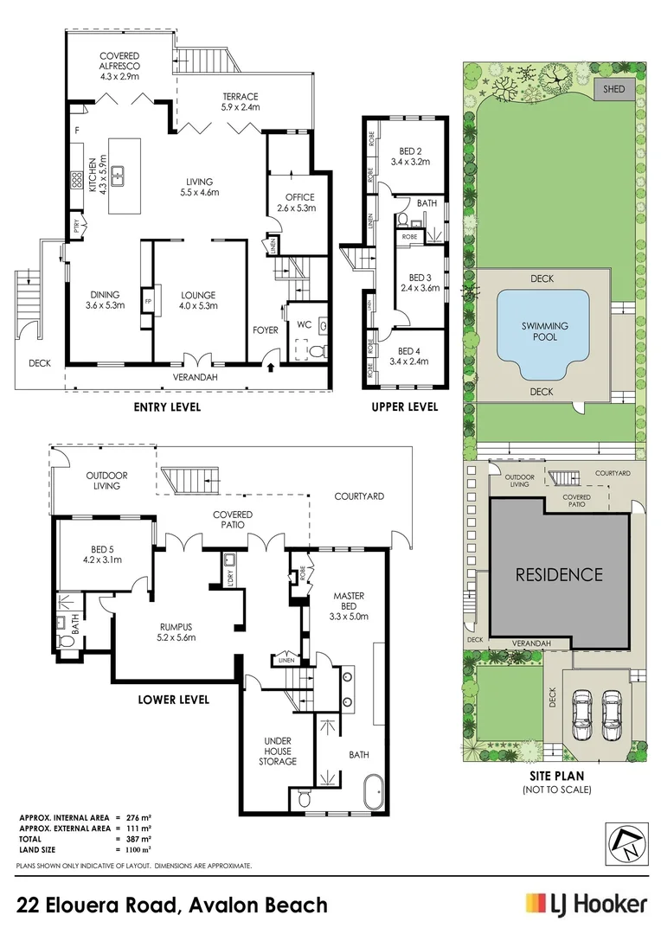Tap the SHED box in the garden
pyautogui.click(x=613, y=88)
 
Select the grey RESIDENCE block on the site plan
pyautogui.click(x=559, y=574)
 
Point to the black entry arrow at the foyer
pyautogui.click(x=273, y=368)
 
